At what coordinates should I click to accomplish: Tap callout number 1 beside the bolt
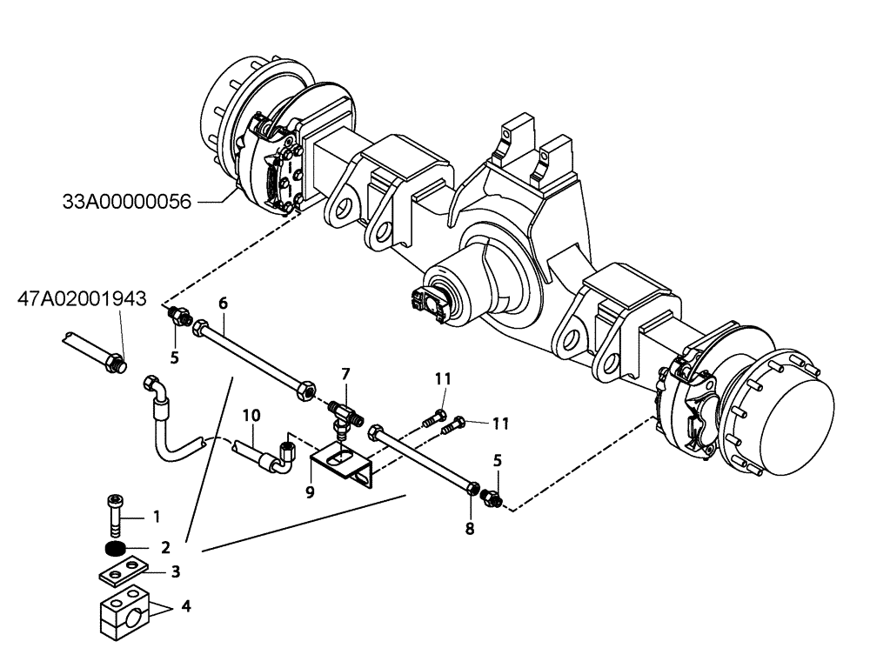pos(157,517)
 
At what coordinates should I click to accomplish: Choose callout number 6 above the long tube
pos(223,303)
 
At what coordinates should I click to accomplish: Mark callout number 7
pos(345,373)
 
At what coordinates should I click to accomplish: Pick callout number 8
pos(470,526)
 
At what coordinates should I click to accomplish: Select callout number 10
pos(251,415)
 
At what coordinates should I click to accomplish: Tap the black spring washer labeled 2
pos(112,550)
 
